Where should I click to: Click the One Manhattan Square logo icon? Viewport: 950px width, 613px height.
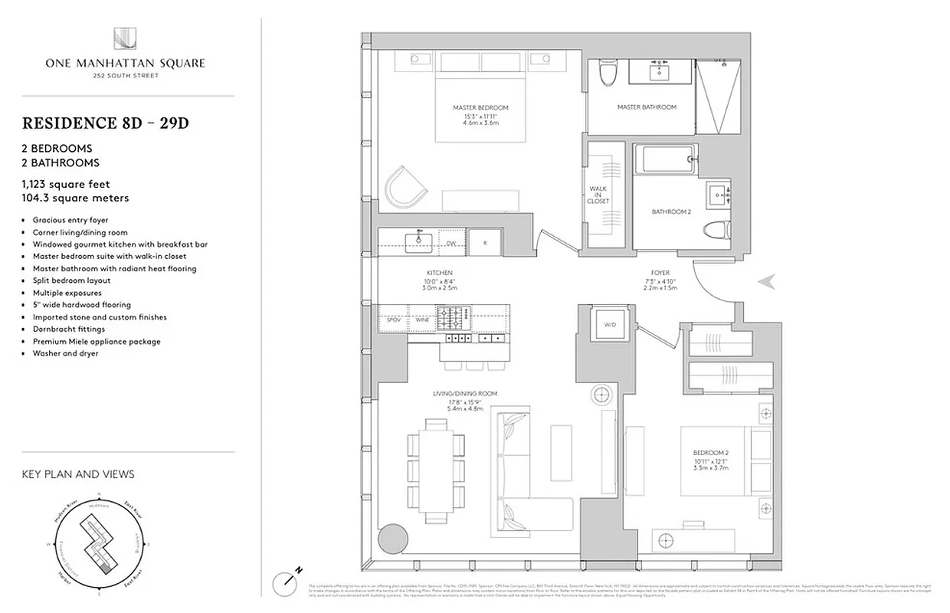pyautogui.click(x=124, y=39)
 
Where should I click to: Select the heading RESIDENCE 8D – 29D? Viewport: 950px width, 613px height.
pyautogui.click(x=106, y=123)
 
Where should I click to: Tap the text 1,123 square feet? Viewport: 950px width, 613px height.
pyautogui.click(x=66, y=184)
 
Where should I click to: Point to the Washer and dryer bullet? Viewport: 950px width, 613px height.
pyautogui.click(x=65, y=353)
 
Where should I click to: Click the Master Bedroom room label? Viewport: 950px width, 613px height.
pyautogui.click(x=480, y=113)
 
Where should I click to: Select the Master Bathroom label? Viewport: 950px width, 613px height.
pyautogui.click(x=647, y=107)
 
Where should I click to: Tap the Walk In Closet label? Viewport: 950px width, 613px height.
pyautogui.click(x=598, y=195)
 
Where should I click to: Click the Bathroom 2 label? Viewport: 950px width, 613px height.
pyautogui.click(x=671, y=211)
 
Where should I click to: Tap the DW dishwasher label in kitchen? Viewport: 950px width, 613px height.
pyautogui.click(x=452, y=244)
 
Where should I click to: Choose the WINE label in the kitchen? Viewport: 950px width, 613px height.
pyautogui.click(x=421, y=319)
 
